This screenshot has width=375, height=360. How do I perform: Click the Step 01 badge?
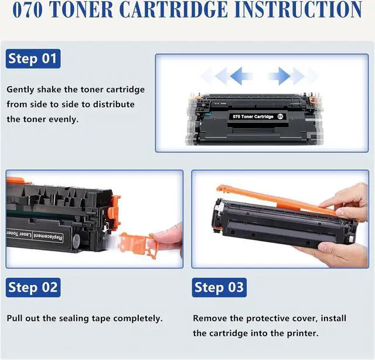click(x=33, y=59)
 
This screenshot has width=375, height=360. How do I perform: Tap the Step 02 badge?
click(x=33, y=287)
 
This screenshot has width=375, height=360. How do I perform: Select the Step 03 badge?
click(x=219, y=287)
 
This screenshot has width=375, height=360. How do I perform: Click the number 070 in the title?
click(x=28, y=9)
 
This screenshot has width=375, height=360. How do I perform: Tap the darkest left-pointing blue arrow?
click(x=240, y=76)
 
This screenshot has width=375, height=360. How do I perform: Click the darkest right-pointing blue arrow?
click(x=279, y=76)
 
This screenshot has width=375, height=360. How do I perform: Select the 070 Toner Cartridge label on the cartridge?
click(x=253, y=116)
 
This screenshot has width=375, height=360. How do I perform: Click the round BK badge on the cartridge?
click(x=280, y=116)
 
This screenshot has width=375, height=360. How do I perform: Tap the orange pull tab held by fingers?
click(x=136, y=244)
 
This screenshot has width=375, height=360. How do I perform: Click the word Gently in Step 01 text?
click(x=21, y=90)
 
